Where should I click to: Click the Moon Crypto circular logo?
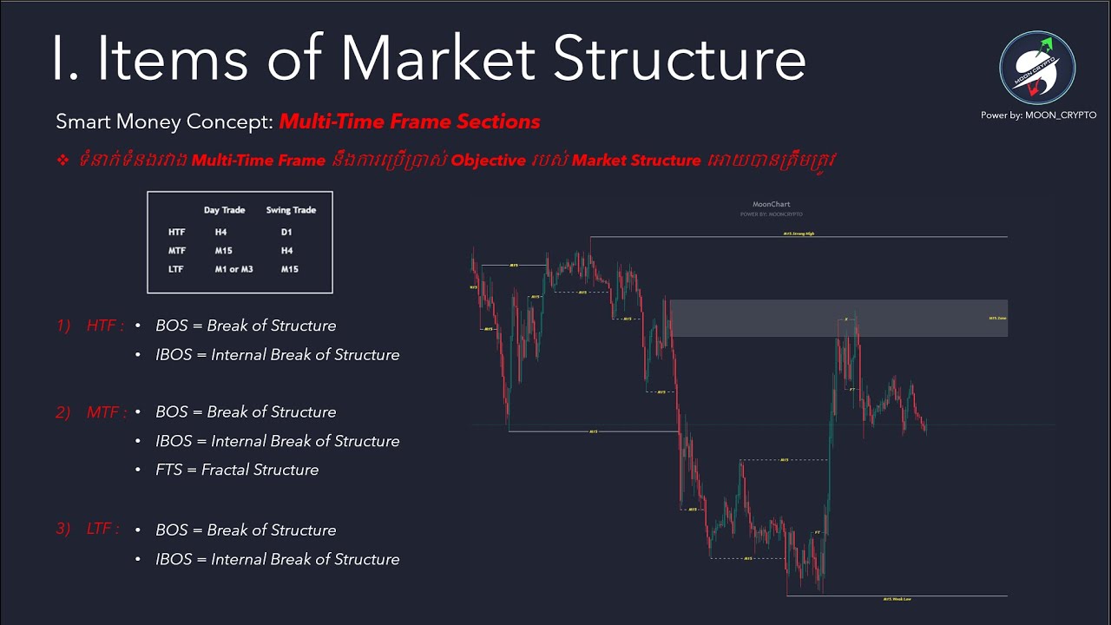click(1037, 68)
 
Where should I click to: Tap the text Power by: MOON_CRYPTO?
click(1038, 115)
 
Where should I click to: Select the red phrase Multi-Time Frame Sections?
click(410, 122)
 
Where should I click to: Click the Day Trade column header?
click(224, 210)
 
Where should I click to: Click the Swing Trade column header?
click(291, 210)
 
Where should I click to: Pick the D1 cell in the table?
click(286, 233)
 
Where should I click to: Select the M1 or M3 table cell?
click(233, 269)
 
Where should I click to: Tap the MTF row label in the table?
click(177, 251)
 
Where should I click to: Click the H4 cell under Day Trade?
click(220, 233)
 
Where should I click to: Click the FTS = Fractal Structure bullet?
click(237, 470)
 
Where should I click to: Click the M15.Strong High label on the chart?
click(799, 234)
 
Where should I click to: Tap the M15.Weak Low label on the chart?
click(897, 599)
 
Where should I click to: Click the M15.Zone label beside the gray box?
click(997, 319)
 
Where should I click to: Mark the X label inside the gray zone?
click(846, 319)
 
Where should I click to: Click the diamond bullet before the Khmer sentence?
click(62, 161)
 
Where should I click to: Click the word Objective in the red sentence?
click(488, 161)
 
